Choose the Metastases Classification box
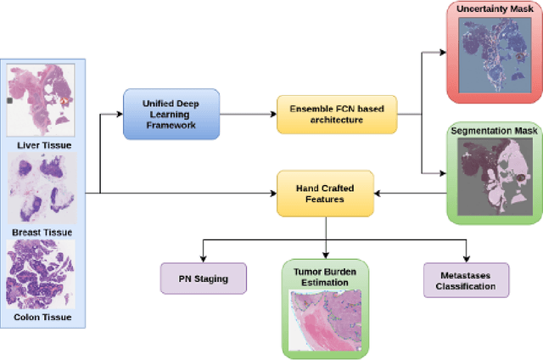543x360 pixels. pos(466,279)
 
